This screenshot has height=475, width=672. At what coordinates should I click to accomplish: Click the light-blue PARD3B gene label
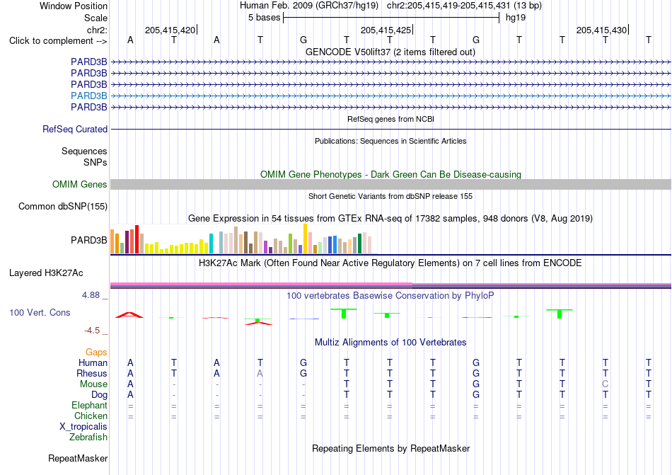[x=88, y=96]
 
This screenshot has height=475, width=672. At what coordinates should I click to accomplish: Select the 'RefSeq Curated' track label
[x=75, y=129]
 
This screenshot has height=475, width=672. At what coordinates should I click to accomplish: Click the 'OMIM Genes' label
[x=80, y=184]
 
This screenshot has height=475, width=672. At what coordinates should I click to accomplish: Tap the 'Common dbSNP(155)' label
[x=63, y=206]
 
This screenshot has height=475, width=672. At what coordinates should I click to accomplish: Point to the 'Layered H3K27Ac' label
[x=46, y=273]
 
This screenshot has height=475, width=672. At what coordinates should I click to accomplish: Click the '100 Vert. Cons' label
[x=40, y=312]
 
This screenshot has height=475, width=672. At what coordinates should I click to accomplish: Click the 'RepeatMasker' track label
[x=78, y=458]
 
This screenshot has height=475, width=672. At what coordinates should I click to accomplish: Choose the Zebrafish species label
[x=88, y=437]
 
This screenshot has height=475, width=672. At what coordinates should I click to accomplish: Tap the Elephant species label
[x=90, y=405]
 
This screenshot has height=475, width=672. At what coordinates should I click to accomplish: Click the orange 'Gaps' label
[x=96, y=352]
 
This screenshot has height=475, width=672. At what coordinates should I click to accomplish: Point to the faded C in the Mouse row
[x=605, y=384]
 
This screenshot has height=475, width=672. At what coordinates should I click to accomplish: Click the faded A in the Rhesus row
[x=260, y=373]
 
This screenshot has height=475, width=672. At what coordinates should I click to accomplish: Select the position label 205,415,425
[x=386, y=30]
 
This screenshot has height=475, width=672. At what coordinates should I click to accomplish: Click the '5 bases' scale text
[x=264, y=18]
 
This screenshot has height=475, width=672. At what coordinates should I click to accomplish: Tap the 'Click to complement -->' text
[x=58, y=41]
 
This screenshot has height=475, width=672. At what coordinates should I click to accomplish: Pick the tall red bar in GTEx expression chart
[x=137, y=239]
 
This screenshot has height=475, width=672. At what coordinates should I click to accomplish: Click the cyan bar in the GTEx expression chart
[x=211, y=244]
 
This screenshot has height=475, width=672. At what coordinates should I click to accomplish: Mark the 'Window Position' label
[x=74, y=6]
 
